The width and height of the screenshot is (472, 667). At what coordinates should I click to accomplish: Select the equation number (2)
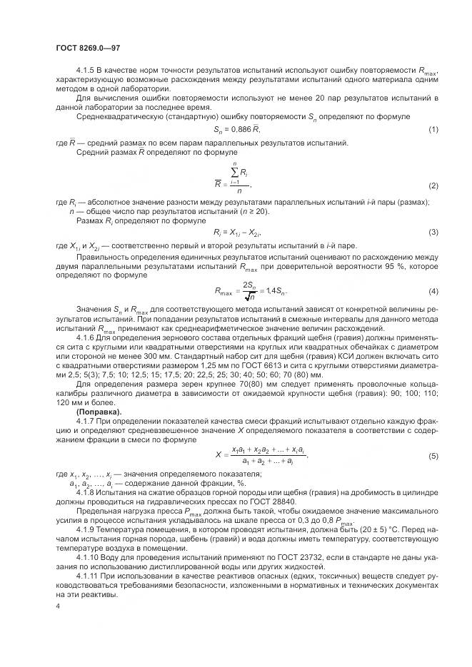point(433,185)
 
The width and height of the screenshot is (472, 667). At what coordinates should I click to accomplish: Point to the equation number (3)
point(433,233)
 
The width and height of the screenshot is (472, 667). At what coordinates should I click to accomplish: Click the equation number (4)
point(433,290)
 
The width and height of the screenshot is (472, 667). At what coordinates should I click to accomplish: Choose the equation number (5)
point(433,455)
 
